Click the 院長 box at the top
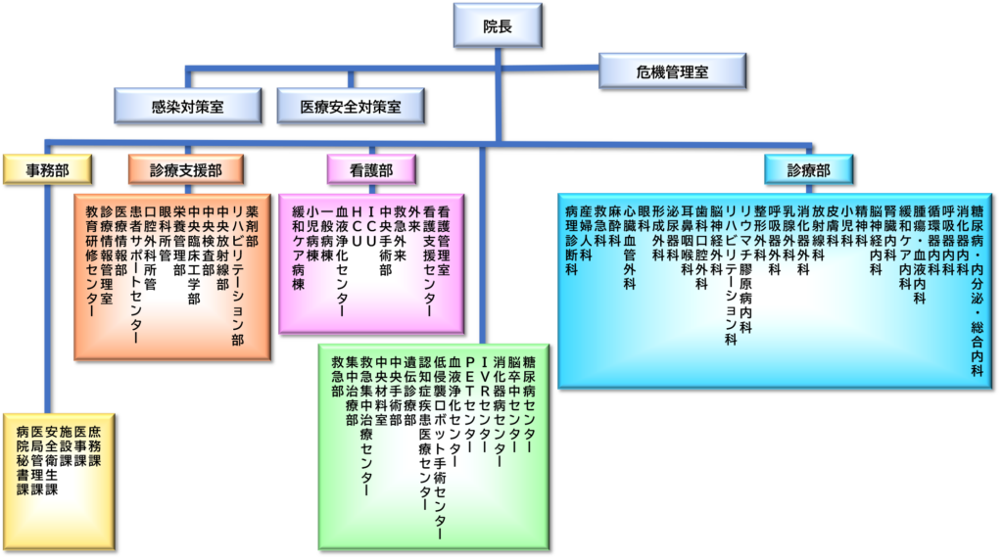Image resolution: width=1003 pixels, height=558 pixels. tap(498, 26)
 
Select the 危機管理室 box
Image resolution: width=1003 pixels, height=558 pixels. tap(672, 72)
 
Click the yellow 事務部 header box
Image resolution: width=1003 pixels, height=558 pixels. tap(46, 170)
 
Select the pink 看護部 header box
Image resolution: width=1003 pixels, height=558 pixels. tap(371, 170)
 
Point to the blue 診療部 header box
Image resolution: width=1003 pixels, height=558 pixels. tap(808, 170)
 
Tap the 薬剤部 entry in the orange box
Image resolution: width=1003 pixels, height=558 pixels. tap(252, 226)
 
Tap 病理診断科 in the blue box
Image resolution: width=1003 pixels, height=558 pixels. tap(571, 240)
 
